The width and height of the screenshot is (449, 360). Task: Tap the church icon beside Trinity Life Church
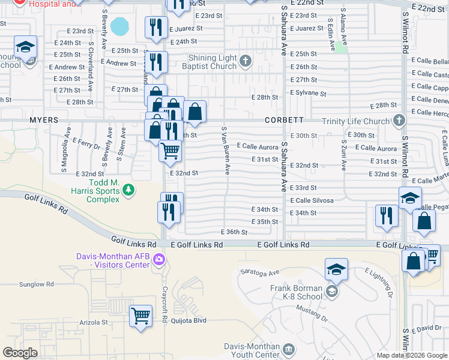tap(398, 121)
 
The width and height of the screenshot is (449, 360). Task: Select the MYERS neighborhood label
tap(44, 120)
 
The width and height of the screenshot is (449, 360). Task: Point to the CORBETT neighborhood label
tap(285, 120)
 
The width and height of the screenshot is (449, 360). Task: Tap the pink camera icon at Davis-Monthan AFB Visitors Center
tap(158, 260)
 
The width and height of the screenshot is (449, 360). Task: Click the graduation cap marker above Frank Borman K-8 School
tap(336, 271)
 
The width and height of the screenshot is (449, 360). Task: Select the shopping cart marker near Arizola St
tap(141, 315)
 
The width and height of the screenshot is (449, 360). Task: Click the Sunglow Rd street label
tap(36, 284)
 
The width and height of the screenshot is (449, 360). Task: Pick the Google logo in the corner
tap(20, 353)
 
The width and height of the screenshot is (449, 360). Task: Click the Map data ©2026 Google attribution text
tap(411, 355)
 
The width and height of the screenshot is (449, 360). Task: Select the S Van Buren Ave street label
tap(226, 151)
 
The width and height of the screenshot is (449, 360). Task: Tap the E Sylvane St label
tap(308, 93)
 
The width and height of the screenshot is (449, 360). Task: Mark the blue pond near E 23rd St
tap(120, 26)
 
